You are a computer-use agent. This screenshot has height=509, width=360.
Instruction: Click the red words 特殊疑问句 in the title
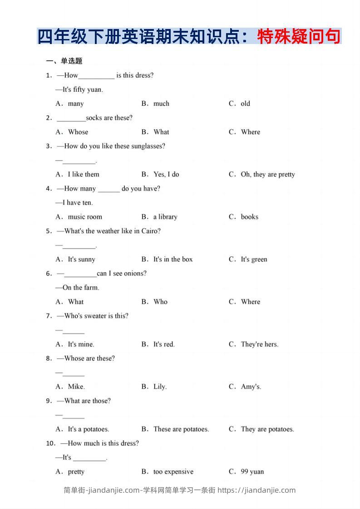point(299,37)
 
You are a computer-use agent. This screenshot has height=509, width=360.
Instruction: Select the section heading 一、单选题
point(64,61)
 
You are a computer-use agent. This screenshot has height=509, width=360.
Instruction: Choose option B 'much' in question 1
point(161,104)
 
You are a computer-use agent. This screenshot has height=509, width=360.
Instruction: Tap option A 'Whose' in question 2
point(78,132)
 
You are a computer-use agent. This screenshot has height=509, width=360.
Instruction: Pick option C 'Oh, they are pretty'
point(267,174)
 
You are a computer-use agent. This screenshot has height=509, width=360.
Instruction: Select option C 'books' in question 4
point(249,217)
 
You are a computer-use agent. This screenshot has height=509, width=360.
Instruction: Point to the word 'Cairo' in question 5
point(150,231)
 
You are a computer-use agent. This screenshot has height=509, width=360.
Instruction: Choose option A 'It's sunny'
point(81,259)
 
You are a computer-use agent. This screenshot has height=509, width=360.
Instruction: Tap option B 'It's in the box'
point(173,259)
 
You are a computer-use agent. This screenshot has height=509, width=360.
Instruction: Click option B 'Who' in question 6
point(160,302)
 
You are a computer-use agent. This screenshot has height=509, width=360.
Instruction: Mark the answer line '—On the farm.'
point(78,288)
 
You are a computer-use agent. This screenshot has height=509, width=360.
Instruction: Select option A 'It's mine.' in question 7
point(81,344)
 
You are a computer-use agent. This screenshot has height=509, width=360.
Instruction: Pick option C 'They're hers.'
point(259,344)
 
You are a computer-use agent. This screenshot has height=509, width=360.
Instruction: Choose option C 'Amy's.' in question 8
point(251,387)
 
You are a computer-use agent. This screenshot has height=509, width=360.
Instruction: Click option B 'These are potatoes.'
point(181,429)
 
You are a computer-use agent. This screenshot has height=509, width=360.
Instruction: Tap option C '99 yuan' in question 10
point(252,472)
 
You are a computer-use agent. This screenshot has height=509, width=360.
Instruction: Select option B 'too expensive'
point(173,472)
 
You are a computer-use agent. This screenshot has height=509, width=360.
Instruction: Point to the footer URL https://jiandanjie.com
point(256,490)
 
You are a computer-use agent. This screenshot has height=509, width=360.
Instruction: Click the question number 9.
point(49,401)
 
